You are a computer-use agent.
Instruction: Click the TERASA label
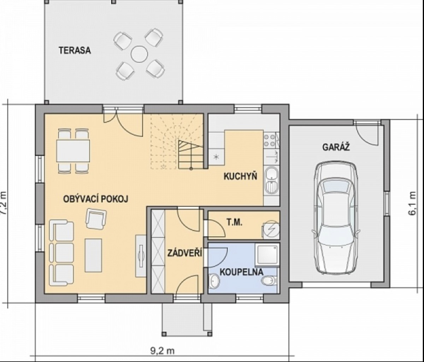coord(75,51)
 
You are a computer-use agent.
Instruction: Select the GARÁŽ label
coord(336,147)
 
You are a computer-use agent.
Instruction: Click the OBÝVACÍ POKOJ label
coord(96,199)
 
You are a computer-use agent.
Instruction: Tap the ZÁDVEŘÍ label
coord(185,253)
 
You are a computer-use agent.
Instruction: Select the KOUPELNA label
coord(241,272)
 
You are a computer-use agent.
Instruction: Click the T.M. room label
coord(235,223)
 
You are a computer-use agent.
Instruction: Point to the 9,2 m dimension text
coord(163,351)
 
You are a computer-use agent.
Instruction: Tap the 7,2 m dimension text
coord(4,203)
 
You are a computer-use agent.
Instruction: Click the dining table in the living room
coord(73,151)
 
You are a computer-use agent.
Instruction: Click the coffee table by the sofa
coord(94,255)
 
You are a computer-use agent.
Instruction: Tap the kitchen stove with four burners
coord(270,140)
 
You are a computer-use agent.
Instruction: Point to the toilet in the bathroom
coord(270,281)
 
